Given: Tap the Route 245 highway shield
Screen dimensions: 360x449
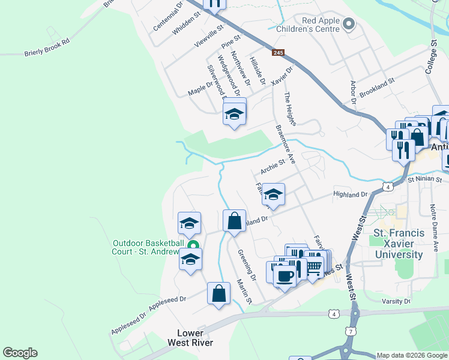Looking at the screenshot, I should click(277, 53).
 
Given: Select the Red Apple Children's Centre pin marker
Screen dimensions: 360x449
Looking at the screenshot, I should click(350, 24).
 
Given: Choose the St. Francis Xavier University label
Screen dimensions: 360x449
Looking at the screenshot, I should click(399, 244).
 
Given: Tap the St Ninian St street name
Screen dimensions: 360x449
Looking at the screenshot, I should click(424, 179).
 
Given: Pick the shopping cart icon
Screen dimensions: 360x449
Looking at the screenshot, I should click(314, 269).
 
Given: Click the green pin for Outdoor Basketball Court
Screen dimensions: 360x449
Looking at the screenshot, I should click(193, 245).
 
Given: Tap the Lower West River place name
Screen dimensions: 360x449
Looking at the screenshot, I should click(194, 338).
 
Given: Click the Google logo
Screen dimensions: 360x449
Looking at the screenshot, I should click(20, 353).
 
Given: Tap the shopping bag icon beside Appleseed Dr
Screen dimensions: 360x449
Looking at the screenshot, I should click(219, 293).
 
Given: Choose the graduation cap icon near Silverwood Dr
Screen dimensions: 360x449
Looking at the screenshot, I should click(234, 113).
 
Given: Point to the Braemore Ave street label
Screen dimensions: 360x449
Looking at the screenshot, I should click(285, 143).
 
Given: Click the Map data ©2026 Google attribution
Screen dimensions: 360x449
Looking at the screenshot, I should click(411, 355).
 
